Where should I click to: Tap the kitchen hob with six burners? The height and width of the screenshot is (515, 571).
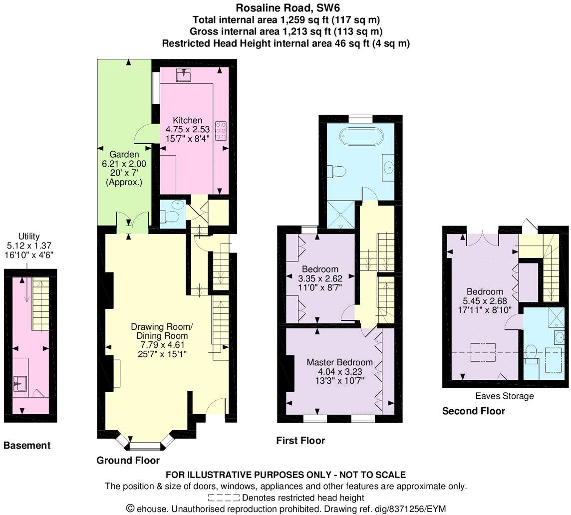(220, 131)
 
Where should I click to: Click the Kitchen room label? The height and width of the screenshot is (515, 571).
(188, 120)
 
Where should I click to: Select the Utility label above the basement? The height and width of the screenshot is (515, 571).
(28, 236)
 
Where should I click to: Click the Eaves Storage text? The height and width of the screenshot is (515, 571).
(505, 396)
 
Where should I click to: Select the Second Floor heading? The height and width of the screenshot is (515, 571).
(473, 411)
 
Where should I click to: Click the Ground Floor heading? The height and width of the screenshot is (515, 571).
(128, 460)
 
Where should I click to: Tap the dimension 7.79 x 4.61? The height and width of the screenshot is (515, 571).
(161, 344)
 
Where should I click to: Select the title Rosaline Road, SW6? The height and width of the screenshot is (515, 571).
(285, 8)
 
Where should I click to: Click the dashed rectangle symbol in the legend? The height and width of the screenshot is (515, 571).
(224, 498)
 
